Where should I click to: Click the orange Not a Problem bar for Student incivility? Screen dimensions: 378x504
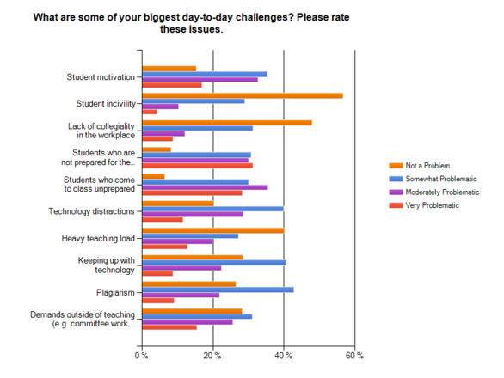click(242, 95)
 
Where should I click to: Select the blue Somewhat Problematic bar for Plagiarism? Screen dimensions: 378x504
click(218, 290)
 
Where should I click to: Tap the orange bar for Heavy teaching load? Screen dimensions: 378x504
click(212, 229)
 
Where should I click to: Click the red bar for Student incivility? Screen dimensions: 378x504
click(150, 112)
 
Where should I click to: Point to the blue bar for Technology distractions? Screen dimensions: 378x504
click(212, 208)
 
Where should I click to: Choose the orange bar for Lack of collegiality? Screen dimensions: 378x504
click(227, 123)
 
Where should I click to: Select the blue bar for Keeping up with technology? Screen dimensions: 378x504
click(214, 262)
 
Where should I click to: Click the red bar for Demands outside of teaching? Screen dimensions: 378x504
click(169, 326)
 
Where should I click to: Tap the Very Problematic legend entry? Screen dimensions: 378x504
click(431, 205)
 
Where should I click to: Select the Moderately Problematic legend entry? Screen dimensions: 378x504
click(439, 192)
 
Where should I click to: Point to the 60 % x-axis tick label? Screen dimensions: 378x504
click(353, 355)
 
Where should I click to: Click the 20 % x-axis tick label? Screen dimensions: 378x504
click(212, 355)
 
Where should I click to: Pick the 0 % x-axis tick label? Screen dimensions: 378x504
click(142, 355)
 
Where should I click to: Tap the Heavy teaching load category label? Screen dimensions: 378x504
click(98, 238)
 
